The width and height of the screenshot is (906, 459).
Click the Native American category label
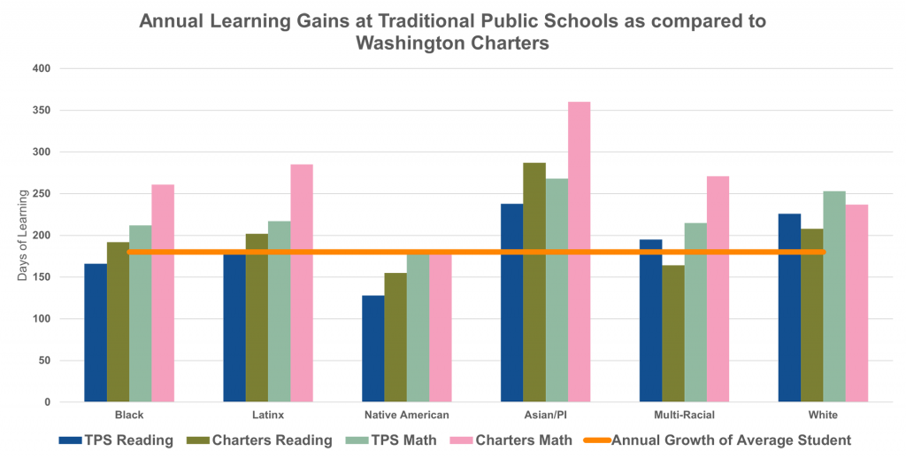(407, 415)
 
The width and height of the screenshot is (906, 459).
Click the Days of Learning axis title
(22, 236)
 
